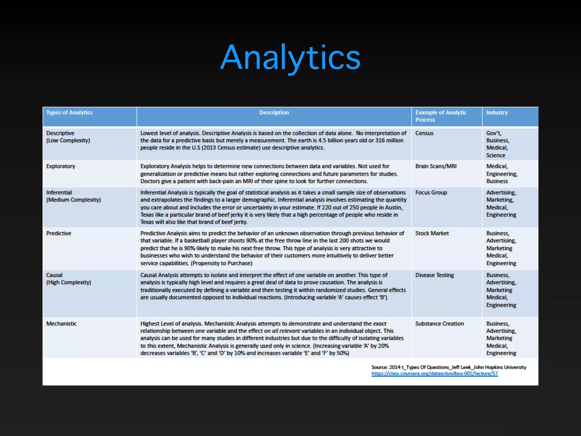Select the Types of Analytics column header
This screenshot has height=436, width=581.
coord(69,113)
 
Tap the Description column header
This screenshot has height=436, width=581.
coord(274,113)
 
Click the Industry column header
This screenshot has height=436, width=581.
coord(497,113)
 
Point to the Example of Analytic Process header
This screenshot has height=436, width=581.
coord(441,116)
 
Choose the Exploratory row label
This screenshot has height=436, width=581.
coord(61,166)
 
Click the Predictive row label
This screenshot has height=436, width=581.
coord(59,233)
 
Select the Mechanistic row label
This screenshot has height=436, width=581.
coord(61,324)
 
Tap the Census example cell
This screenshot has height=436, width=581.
coord(424,133)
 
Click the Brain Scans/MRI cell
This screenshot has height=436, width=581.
coord(436,166)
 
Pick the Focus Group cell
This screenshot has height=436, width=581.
coord(431,193)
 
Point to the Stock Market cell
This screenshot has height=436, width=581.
coord(432,233)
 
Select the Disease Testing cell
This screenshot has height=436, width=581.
coord(434,275)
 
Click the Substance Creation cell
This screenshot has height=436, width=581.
coord(439,324)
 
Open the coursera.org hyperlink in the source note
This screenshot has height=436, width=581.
coord(434,374)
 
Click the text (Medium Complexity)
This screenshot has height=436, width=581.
coord(73,200)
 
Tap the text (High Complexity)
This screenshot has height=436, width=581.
coord(69,282)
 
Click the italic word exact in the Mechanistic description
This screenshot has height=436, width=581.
coord(380,324)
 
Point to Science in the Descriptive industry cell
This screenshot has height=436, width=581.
coord(496,155)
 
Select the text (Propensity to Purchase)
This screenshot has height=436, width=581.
coord(222,263)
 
